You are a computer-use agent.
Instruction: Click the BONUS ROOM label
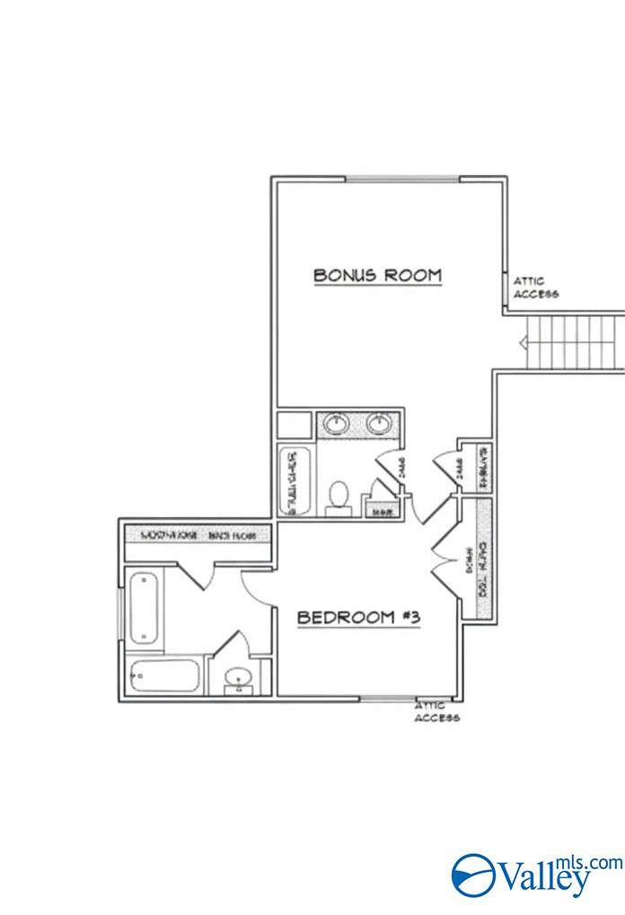point(377,275)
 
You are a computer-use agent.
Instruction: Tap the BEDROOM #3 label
point(359,618)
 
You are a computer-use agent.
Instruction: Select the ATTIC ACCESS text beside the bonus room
point(536,287)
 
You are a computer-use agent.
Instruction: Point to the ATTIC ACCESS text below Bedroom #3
point(437,712)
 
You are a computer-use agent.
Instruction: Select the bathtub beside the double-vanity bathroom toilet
point(295,481)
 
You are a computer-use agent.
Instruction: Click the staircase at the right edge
point(575,342)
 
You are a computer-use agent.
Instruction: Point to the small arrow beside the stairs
point(520,342)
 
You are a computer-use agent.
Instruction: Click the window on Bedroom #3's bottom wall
point(387,698)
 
